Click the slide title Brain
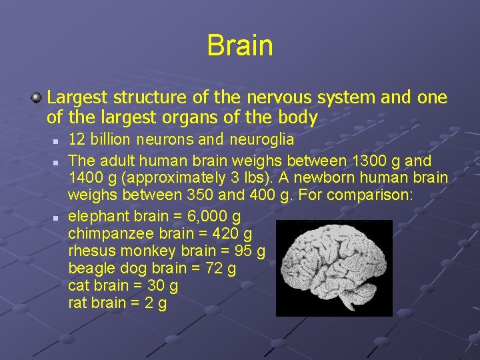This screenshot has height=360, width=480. (x=240, y=45)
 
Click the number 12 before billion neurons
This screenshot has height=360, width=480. (x=77, y=140)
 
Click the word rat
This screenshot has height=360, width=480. (x=77, y=303)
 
